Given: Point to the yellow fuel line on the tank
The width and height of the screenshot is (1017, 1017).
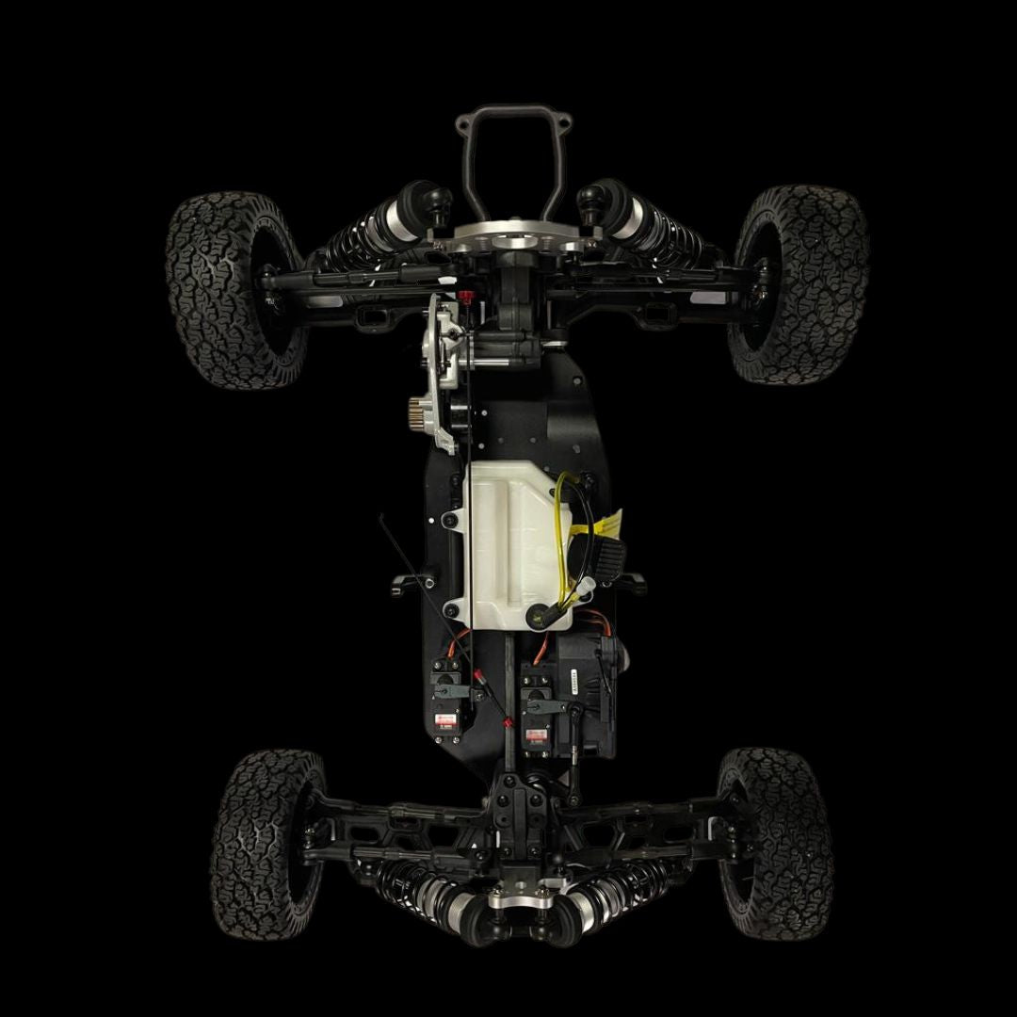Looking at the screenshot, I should pyautogui.click(x=562, y=537).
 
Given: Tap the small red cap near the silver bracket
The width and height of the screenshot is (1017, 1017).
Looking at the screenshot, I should pyautogui.click(x=465, y=299).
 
